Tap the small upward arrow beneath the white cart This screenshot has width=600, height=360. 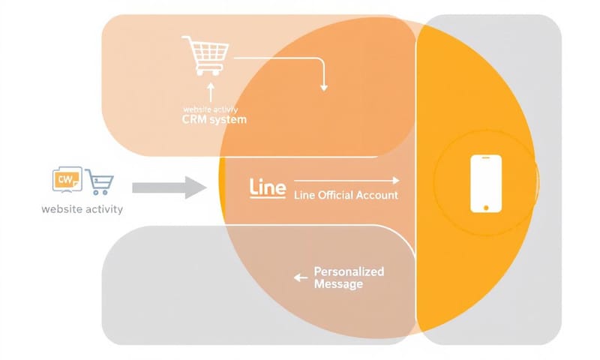point(211,91)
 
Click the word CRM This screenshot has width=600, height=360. point(194,119)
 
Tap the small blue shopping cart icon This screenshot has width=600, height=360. point(100,182)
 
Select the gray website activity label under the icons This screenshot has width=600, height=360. point(82,209)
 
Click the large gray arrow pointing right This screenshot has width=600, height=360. point(169,187)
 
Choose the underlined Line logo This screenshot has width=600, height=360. point(266,188)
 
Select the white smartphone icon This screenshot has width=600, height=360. point(485,184)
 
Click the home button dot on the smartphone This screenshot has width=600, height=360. point(485,206)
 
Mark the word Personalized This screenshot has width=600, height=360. point(349,271)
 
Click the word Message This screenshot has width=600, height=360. point(338,284)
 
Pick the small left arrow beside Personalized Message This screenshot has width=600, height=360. point(301,278)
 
